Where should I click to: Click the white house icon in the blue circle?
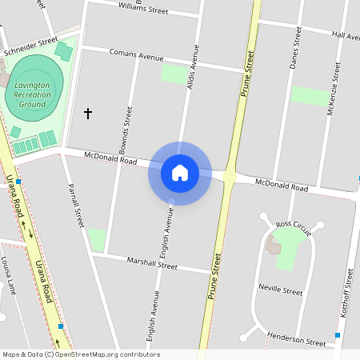pyautogui.click(x=179, y=173)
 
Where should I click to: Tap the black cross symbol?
pyautogui.click(x=88, y=114)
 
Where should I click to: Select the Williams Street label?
pyautogui.click(x=143, y=10)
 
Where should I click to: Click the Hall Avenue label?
pyautogui.click(x=346, y=36)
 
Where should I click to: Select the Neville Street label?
pyautogui.click(x=281, y=290)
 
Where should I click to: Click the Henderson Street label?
pyautogui.click(x=297, y=338)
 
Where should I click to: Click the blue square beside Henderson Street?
pyautogui.click(x=338, y=335)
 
